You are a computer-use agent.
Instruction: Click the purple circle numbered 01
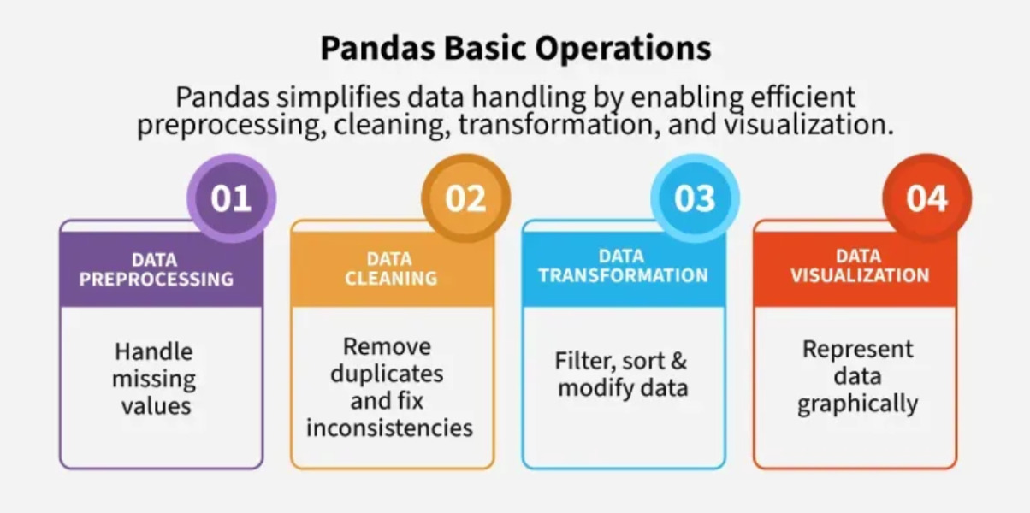(x=231, y=198)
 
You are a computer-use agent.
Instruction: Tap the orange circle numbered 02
(x=465, y=198)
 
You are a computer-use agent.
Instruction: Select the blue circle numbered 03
(x=695, y=198)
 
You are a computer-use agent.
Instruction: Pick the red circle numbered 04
(x=927, y=198)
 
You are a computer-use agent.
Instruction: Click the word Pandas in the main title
(x=378, y=48)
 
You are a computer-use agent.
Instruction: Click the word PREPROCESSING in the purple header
(x=157, y=279)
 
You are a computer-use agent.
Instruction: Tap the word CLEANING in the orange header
(x=391, y=278)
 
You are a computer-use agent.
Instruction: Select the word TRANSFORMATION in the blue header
(x=624, y=275)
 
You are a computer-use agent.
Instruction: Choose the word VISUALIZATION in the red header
(x=860, y=275)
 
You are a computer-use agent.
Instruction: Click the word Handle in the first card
(x=154, y=352)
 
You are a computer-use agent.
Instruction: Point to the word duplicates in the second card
(x=388, y=374)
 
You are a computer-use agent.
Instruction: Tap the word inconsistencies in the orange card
(x=389, y=428)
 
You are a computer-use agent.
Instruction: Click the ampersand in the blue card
(x=678, y=361)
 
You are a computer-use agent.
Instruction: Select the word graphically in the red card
(x=858, y=404)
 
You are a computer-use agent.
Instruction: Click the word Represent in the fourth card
(x=858, y=350)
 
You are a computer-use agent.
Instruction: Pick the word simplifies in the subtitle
(x=339, y=98)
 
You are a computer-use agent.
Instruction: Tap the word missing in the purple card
(x=154, y=380)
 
